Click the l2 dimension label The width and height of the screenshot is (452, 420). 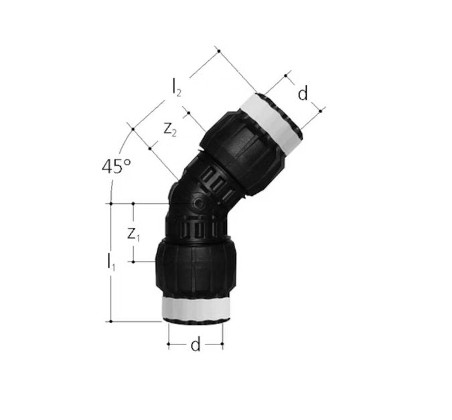click(x=176, y=86)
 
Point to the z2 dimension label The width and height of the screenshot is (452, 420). click(x=170, y=130)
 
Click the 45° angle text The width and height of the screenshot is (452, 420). click(x=116, y=167)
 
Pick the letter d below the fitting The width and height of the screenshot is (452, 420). click(x=195, y=345)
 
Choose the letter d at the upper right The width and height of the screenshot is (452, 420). click(x=303, y=94)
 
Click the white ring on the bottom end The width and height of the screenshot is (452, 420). click(x=195, y=309)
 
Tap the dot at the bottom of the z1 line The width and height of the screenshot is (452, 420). click(x=134, y=262)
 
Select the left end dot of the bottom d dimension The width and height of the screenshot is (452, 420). click(x=167, y=345)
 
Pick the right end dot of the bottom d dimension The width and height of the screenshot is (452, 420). click(x=223, y=345)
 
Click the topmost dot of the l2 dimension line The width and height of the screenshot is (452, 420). click(x=216, y=49)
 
